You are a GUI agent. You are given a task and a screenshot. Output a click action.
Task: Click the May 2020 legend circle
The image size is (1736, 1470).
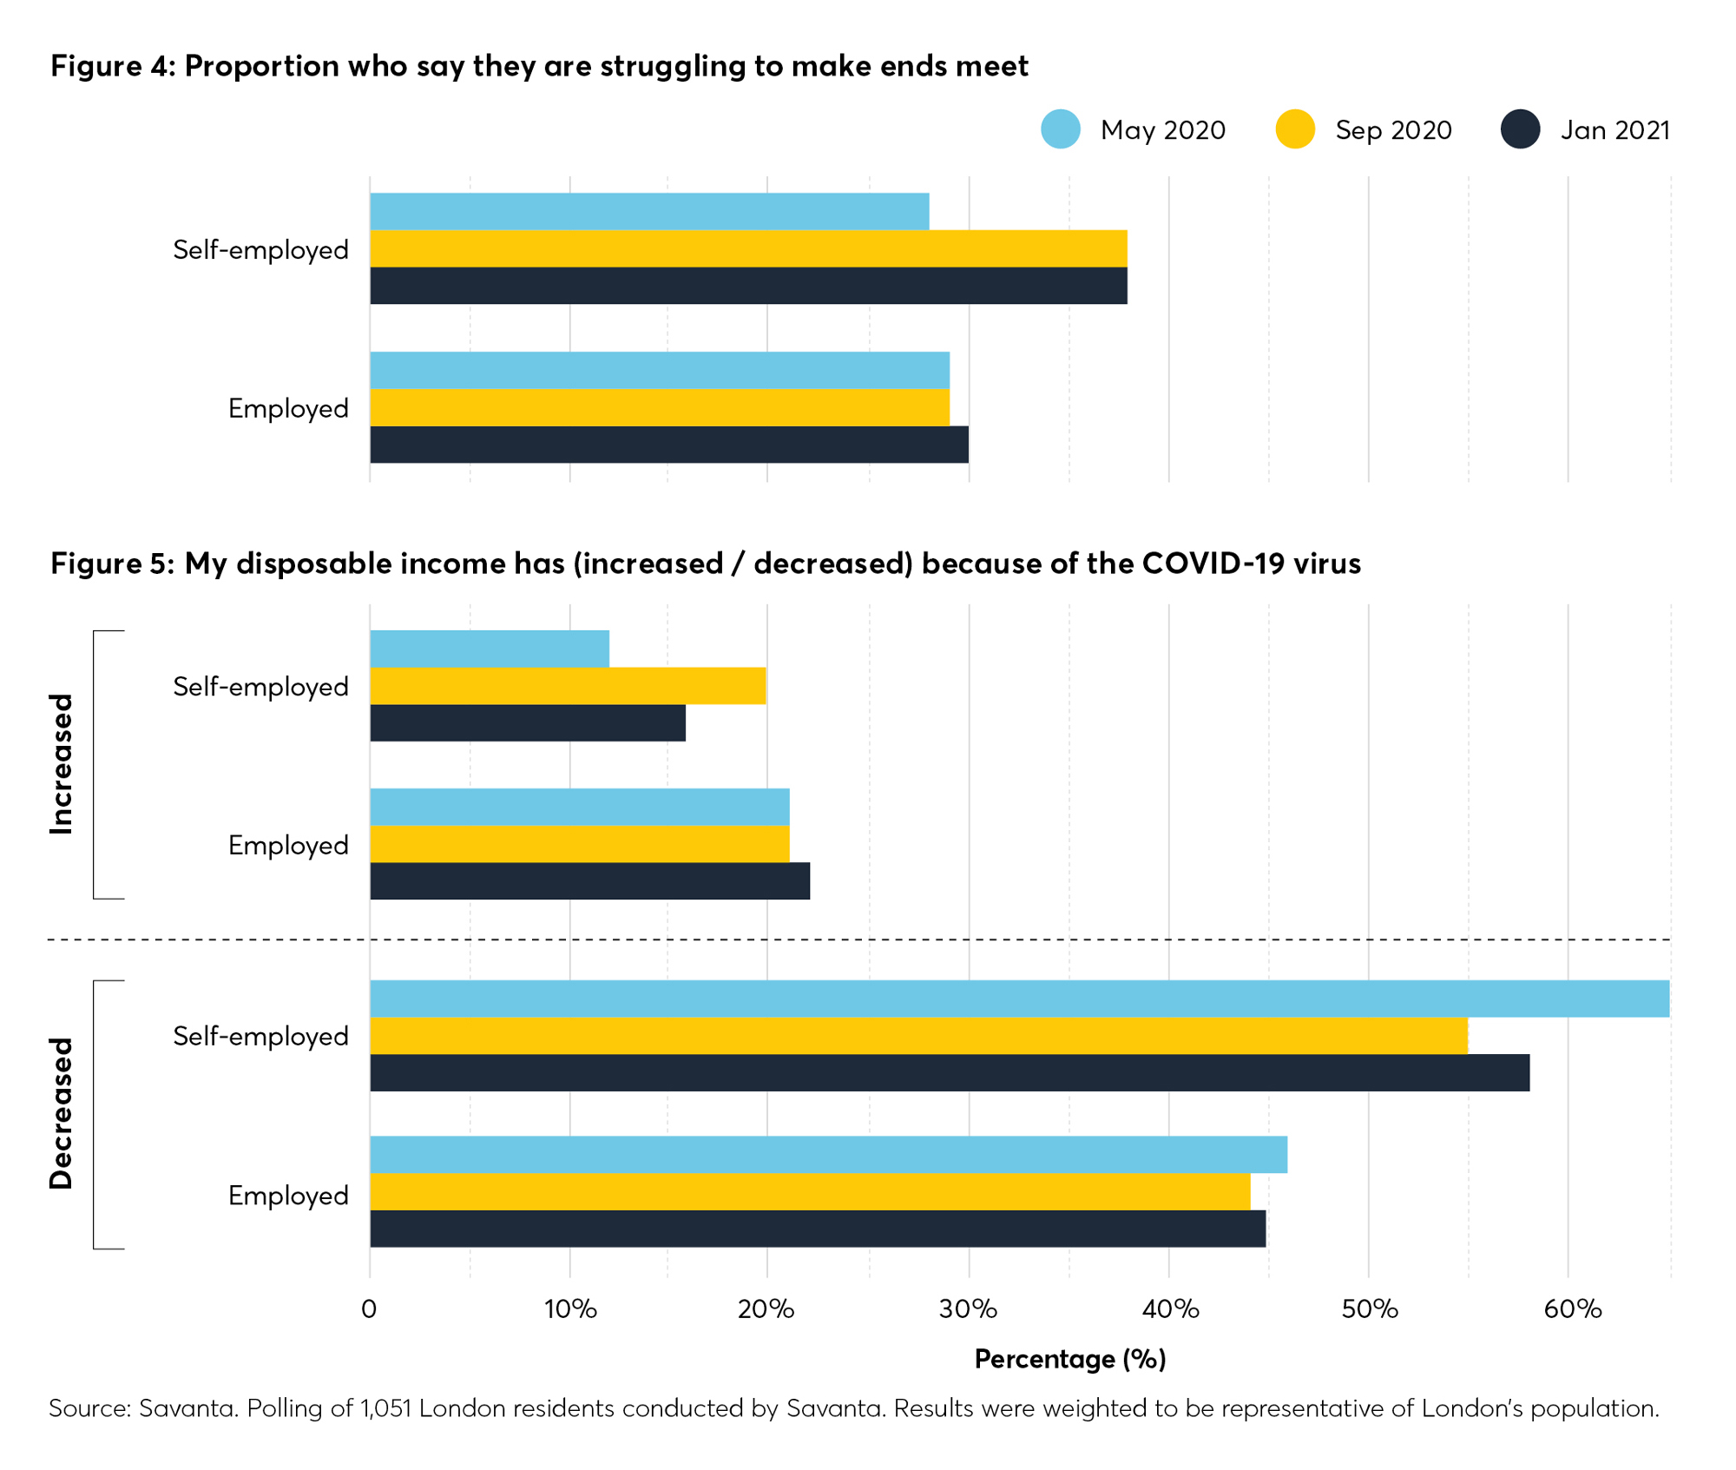[x=1060, y=129]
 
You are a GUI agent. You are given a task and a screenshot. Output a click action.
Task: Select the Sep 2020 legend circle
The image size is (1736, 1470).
[x=1294, y=129]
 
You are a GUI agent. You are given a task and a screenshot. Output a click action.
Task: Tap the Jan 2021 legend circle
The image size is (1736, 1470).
[x=1520, y=129]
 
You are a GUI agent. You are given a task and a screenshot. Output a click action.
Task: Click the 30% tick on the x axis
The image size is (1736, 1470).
[x=968, y=1308]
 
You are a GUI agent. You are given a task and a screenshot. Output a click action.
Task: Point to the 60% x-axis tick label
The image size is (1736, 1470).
[x=1572, y=1308]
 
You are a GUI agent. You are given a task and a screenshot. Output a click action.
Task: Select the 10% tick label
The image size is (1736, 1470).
[x=570, y=1308]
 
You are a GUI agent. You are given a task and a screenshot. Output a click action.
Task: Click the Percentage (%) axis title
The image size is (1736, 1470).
[x=1069, y=1359]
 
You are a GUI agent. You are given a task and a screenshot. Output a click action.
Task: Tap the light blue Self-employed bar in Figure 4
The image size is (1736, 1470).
[x=649, y=211]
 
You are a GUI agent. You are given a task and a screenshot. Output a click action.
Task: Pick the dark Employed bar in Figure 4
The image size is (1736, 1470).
[x=668, y=445]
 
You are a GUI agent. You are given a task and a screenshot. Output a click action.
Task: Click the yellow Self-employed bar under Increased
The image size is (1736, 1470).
[x=568, y=686]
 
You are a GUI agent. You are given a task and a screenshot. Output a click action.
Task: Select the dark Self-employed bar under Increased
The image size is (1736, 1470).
[x=528, y=723]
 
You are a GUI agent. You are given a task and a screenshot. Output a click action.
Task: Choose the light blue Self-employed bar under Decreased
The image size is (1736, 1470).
[x=1019, y=999]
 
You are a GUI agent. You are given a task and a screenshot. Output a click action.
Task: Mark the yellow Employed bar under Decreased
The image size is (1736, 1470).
[x=810, y=1191]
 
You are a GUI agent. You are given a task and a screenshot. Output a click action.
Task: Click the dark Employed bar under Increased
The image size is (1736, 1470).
[x=589, y=881]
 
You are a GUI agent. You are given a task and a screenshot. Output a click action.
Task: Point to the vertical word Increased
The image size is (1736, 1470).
[x=61, y=764]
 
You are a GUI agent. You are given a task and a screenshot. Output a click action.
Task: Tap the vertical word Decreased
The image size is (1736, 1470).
[x=61, y=1113]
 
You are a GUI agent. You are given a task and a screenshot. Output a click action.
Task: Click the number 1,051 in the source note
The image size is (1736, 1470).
[x=385, y=1407]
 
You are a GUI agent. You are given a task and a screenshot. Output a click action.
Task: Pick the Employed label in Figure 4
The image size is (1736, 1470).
[x=288, y=408]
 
